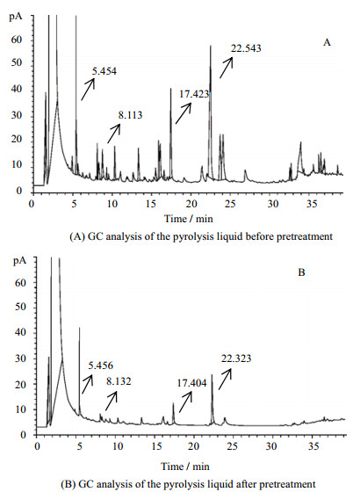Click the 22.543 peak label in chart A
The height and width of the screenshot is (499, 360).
tap(246, 48)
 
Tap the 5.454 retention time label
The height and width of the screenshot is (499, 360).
tap(104, 71)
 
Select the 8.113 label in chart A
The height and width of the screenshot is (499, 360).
tap(130, 115)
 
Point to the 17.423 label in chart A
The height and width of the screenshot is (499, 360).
tap(194, 94)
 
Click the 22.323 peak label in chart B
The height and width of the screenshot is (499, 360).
tap(236, 358)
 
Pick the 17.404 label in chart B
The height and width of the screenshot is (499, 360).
tap(191, 383)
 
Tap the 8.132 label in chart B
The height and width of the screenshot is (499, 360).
tap(119, 381)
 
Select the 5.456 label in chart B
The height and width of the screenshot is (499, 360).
tap(101, 365)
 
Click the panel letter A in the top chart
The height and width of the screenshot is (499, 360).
tap(327, 42)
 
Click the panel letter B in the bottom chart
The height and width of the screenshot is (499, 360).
tap(301, 272)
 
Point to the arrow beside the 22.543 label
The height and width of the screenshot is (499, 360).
tap(227, 68)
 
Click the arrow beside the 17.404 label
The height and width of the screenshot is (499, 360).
tap(186, 401)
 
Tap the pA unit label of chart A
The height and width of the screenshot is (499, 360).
tap(15, 17)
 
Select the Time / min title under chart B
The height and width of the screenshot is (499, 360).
tap(185, 466)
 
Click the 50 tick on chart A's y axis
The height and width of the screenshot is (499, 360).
tap(18, 62)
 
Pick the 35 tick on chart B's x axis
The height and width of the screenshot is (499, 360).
tap(313, 446)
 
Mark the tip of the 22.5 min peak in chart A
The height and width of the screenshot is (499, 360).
tap(210, 46)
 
